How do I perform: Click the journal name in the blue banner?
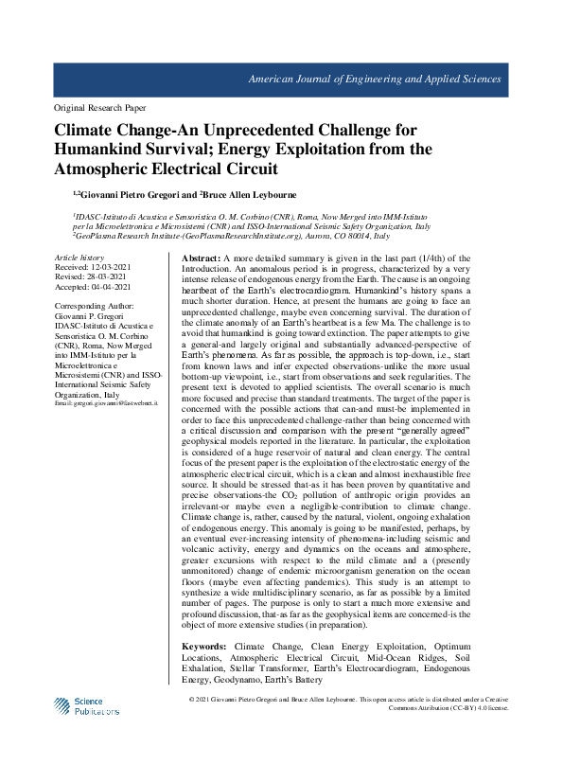[x=374, y=79]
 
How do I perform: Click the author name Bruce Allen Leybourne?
[x=250, y=195]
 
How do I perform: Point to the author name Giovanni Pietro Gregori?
[x=136, y=195]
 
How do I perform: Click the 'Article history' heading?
[x=79, y=258]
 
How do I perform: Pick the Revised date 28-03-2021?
[x=104, y=277]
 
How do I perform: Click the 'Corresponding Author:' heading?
[x=95, y=309]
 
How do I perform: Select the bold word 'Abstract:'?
[x=201, y=258]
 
